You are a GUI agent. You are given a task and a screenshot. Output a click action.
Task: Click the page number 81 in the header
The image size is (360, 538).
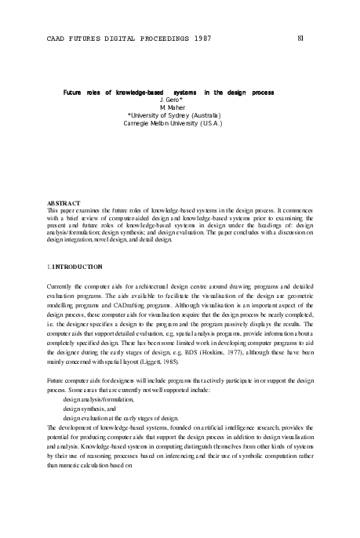pos(304,37)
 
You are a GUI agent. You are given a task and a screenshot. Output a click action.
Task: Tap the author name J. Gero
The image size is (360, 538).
pos(171,101)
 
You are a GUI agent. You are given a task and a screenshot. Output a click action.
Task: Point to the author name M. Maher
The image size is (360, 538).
pos(171,108)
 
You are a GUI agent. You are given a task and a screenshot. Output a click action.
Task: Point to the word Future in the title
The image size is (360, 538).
pos(73,93)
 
